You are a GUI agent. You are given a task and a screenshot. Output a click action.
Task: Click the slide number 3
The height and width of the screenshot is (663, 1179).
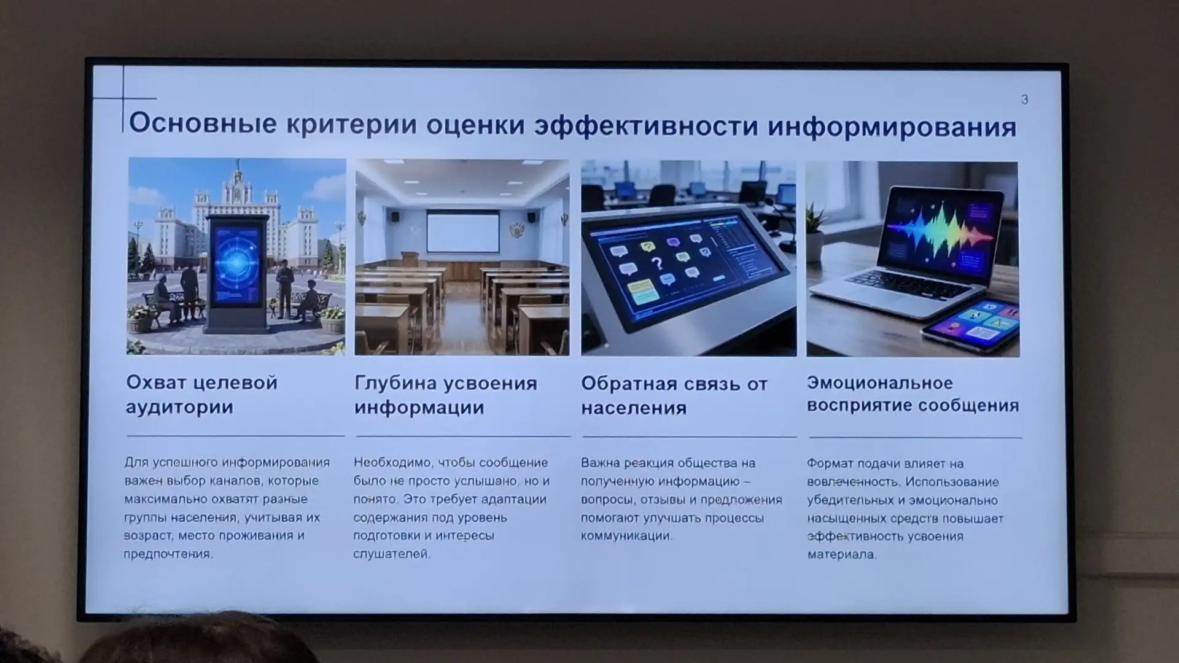[1024, 99]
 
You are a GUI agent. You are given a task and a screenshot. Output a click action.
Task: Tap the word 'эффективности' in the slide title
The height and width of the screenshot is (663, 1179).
[646, 126]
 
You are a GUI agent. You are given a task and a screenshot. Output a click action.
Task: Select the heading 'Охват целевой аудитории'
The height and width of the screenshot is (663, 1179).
[201, 395]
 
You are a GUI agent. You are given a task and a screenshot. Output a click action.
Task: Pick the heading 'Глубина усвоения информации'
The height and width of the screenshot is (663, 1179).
[446, 395]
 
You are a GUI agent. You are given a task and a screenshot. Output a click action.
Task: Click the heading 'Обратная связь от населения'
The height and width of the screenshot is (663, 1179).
[674, 396]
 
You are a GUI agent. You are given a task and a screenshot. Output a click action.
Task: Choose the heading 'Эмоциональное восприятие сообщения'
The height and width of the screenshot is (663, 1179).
[912, 394]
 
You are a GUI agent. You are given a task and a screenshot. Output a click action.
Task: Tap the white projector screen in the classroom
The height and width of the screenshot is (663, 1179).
[463, 231]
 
